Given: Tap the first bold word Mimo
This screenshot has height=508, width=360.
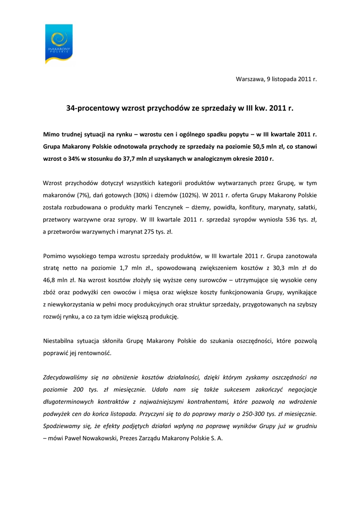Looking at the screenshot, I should (x=51, y=134).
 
